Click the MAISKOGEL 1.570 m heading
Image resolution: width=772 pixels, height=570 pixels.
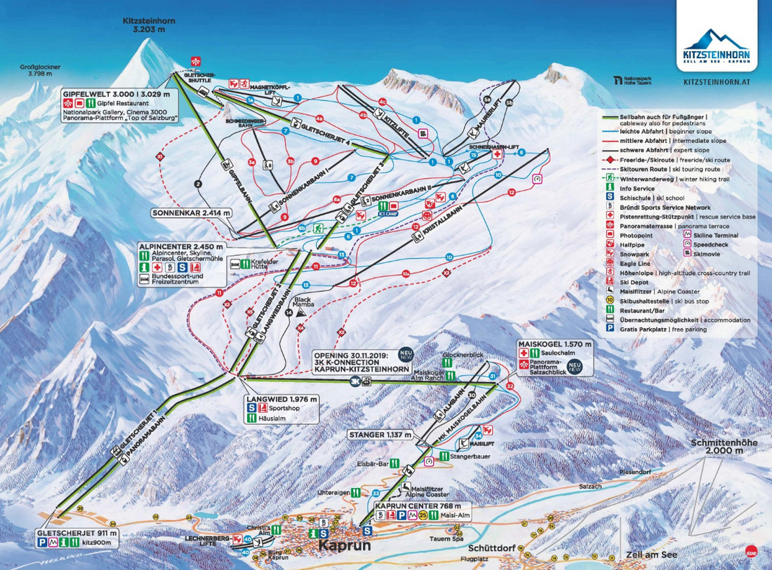point(554,344)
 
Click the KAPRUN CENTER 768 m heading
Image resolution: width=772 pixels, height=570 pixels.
point(417,505)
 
